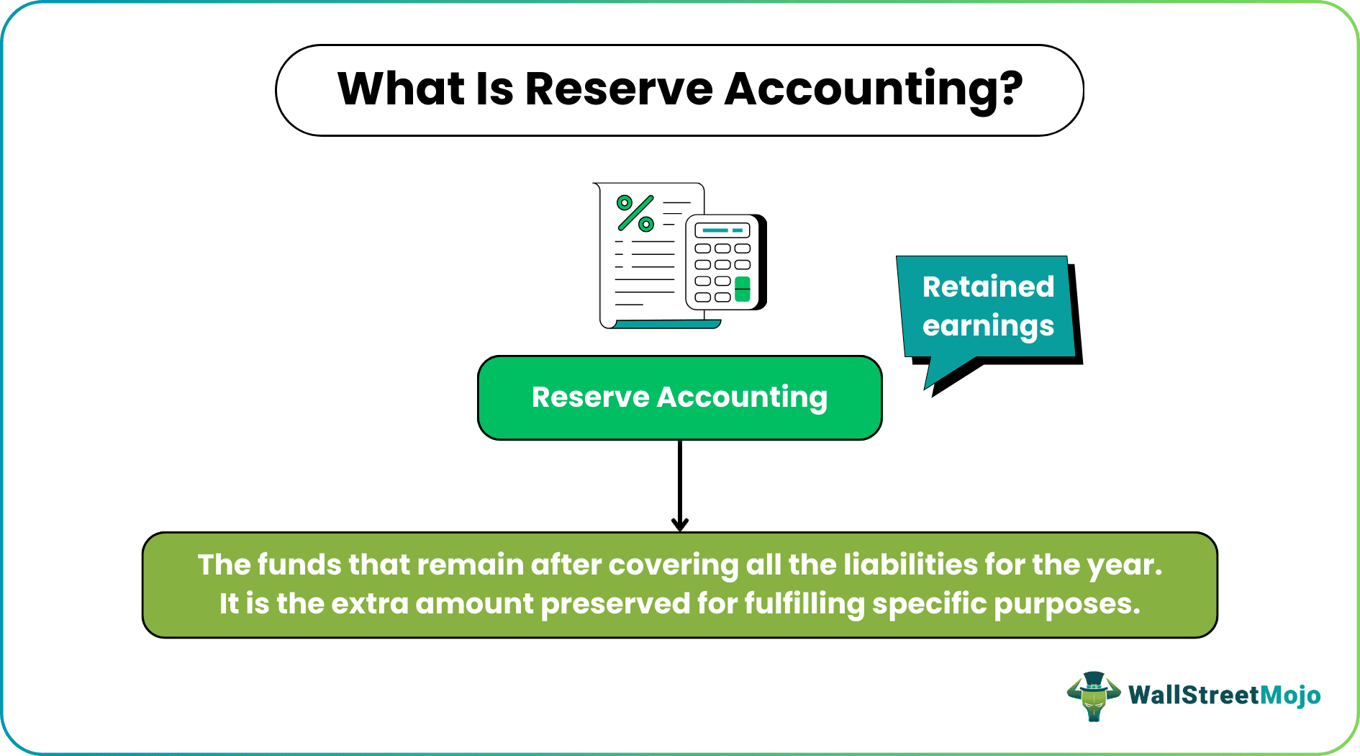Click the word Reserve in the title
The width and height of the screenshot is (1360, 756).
tap(619, 89)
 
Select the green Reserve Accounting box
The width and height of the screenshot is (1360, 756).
tap(679, 397)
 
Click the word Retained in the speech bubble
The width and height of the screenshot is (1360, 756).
tap(988, 287)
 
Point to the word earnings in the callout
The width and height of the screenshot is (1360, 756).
tap(988, 326)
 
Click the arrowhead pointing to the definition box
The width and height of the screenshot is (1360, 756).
tap(679, 524)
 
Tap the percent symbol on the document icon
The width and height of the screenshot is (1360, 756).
tap(635, 213)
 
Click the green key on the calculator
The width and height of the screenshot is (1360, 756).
tap(743, 289)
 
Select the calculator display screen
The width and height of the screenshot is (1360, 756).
tap(722, 231)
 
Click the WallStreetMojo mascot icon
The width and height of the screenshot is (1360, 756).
tap(1093, 696)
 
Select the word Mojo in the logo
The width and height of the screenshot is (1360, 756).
tap(1290, 696)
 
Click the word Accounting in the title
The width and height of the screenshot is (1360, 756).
tap(872, 89)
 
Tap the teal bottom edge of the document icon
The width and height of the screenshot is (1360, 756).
tap(666, 325)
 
